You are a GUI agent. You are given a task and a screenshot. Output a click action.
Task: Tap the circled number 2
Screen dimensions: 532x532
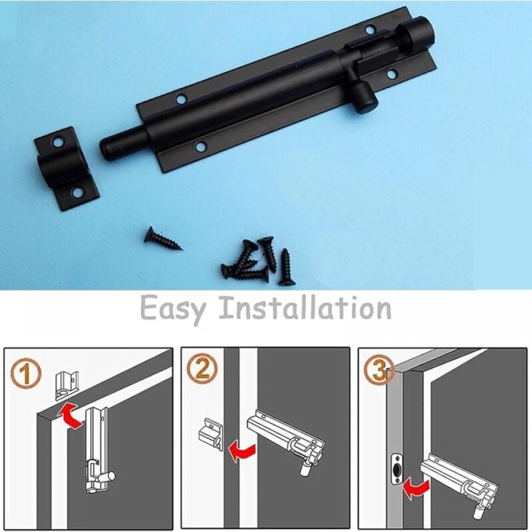click(202, 369)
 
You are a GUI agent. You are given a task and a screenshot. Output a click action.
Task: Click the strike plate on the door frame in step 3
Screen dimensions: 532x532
click(396, 470)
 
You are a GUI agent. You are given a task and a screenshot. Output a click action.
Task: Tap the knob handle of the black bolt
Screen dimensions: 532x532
click(364, 98)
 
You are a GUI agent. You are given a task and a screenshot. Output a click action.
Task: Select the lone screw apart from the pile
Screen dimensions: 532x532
click(162, 239)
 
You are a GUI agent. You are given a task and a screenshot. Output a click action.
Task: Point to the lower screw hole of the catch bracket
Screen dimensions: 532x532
click(78, 193)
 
